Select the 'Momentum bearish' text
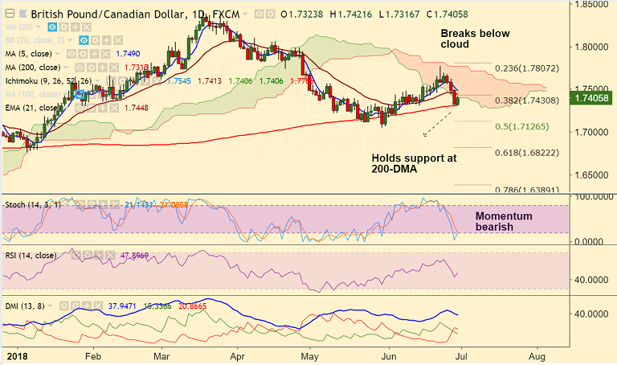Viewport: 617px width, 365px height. coord(505,222)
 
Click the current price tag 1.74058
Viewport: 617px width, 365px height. coord(592,98)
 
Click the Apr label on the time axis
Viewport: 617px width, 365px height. coord(238,354)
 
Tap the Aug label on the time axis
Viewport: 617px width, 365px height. coord(538,354)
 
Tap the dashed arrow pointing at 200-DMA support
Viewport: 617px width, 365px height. coord(436,122)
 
